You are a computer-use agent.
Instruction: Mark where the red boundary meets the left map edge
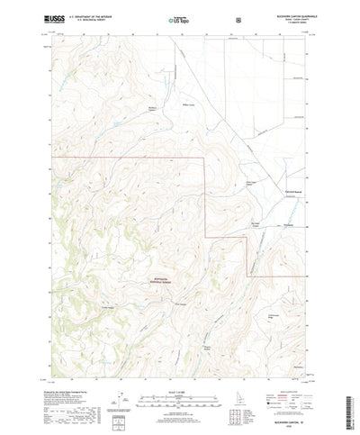click(x=51, y=157)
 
